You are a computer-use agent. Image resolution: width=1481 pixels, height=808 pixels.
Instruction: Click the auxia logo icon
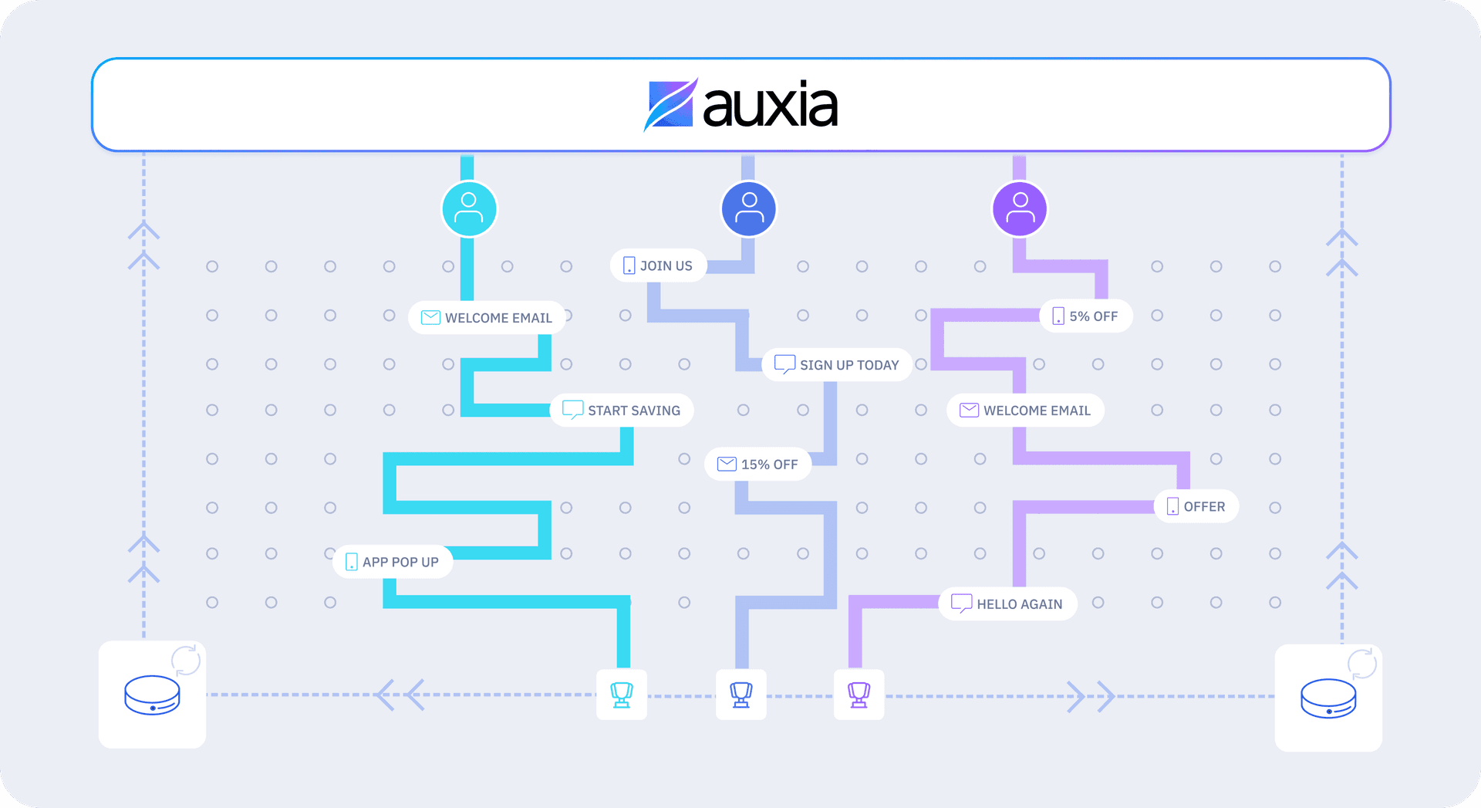click(671, 104)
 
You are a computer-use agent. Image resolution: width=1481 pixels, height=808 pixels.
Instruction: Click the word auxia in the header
click(770, 105)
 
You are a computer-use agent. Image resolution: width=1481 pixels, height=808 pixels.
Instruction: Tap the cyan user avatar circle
click(469, 208)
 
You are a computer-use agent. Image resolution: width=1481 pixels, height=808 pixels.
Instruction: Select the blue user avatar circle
click(748, 208)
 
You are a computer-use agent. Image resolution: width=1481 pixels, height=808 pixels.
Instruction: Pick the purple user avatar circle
click(1020, 208)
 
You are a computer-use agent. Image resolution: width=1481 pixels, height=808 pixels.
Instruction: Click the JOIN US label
click(658, 265)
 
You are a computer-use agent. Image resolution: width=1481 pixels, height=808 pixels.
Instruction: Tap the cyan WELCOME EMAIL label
click(487, 317)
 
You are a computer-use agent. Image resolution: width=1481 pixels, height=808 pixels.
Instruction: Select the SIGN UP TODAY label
click(837, 364)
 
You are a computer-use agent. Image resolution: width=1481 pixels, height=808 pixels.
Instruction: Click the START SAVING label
click(622, 410)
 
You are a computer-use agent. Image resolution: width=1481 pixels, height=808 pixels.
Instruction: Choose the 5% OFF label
click(1086, 316)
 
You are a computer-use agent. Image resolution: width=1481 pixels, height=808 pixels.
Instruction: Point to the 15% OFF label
click(757, 464)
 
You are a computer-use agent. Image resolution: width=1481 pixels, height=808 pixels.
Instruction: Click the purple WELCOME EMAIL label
click(1025, 410)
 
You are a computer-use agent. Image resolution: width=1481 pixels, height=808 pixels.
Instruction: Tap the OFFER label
click(1196, 506)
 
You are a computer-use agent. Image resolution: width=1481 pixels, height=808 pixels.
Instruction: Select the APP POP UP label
click(393, 562)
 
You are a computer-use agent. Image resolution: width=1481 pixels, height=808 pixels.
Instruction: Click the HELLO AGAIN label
click(1007, 603)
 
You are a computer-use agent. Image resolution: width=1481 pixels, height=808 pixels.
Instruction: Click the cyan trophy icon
click(622, 695)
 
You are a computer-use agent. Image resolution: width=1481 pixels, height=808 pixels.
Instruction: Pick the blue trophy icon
click(741, 695)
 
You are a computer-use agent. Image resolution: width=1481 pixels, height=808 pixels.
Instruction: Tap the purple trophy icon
click(859, 695)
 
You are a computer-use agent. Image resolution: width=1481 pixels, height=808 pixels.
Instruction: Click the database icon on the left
click(152, 695)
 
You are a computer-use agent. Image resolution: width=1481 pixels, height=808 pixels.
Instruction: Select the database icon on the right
click(1328, 698)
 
